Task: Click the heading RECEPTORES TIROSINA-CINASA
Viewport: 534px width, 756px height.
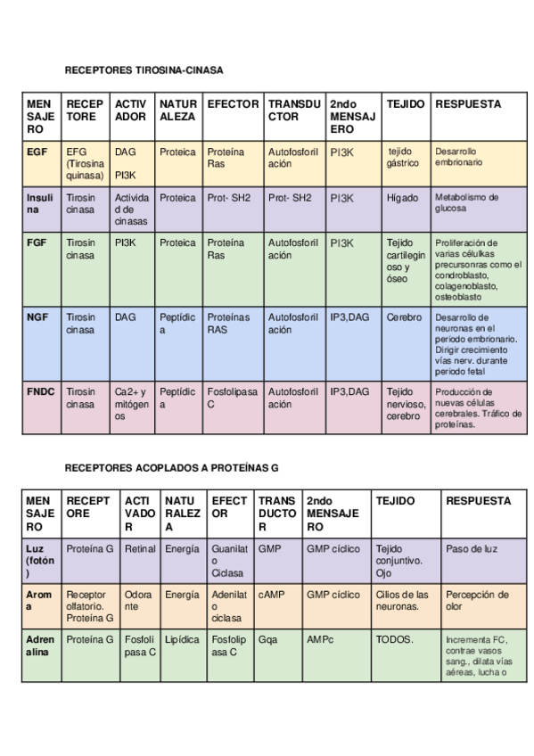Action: [x=144, y=70]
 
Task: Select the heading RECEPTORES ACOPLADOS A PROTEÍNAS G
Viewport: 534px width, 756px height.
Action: [x=171, y=466]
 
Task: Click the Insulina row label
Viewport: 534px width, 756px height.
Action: [x=40, y=203]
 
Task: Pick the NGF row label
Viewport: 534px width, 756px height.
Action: [x=37, y=317]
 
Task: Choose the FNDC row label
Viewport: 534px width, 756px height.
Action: [x=40, y=391]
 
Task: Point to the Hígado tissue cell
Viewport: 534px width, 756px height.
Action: [x=402, y=198]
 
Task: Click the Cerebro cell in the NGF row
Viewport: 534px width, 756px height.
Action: [x=404, y=317]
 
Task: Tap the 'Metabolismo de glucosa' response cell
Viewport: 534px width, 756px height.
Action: [x=466, y=202]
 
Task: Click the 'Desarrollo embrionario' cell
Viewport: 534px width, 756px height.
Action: [x=458, y=158]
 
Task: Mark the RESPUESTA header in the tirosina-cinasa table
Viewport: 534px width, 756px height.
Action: [x=468, y=104]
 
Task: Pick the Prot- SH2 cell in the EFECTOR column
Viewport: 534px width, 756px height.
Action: [x=227, y=198]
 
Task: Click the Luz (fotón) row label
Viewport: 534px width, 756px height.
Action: [x=41, y=561]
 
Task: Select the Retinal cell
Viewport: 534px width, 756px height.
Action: [x=140, y=549]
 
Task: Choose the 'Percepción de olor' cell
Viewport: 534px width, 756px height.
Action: [x=477, y=600]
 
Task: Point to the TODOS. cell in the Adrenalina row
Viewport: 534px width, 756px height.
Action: [x=395, y=639]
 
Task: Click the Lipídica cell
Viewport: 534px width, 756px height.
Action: [x=182, y=639]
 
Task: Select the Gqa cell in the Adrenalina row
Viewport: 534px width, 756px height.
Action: [x=267, y=639]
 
